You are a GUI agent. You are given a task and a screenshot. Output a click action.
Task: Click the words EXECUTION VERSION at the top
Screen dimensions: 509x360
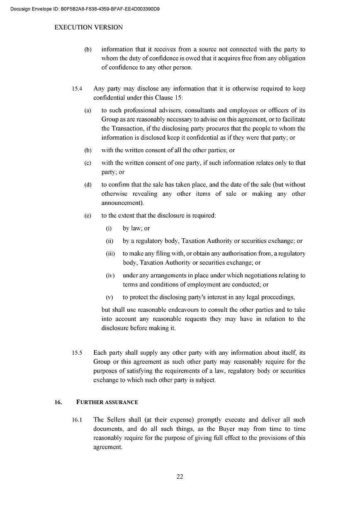[88, 27]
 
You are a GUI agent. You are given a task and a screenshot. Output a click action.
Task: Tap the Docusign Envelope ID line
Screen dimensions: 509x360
[85, 8]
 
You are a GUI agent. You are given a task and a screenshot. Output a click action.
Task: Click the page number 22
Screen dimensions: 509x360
[180, 476]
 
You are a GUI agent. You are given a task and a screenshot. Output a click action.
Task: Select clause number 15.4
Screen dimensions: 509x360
[77, 89]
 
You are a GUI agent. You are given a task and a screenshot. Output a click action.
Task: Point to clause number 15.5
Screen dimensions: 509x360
[77, 353]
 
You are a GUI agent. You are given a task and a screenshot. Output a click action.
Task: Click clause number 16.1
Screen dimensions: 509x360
[77, 420]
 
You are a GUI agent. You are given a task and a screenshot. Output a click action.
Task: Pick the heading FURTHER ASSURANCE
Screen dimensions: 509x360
[107, 402]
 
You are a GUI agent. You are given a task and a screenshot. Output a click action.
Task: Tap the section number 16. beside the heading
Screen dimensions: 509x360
[58, 402]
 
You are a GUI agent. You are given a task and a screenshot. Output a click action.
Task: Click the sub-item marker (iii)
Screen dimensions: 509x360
[110, 254]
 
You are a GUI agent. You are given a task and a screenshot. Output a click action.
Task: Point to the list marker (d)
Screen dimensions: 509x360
[88, 185]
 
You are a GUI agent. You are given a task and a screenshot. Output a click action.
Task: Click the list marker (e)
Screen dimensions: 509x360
[88, 216]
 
